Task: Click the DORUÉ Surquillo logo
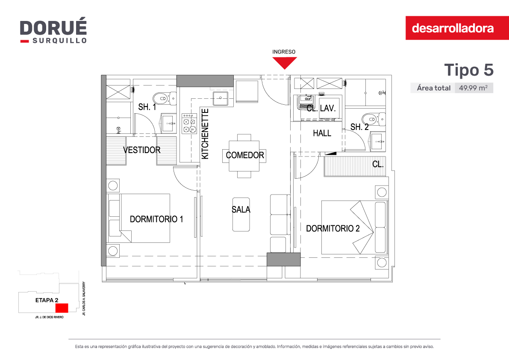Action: (53, 31)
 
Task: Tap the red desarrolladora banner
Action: (457, 28)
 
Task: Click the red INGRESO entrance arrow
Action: (285, 63)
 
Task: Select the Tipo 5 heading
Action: (469, 70)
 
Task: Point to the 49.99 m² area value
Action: (473, 88)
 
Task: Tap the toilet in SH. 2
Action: (374, 119)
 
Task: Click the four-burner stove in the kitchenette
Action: (189, 124)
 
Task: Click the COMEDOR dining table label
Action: (245, 155)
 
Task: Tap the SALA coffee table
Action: (241, 214)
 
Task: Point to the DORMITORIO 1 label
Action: (156, 219)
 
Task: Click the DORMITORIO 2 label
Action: (333, 229)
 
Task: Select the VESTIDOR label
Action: (142, 150)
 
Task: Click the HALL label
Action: (322, 133)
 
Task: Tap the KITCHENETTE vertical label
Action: (205, 134)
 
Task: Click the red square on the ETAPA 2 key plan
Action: (62, 308)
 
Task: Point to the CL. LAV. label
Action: (321, 108)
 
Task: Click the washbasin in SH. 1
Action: (168, 124)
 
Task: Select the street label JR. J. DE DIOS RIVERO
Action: (49, 317)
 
